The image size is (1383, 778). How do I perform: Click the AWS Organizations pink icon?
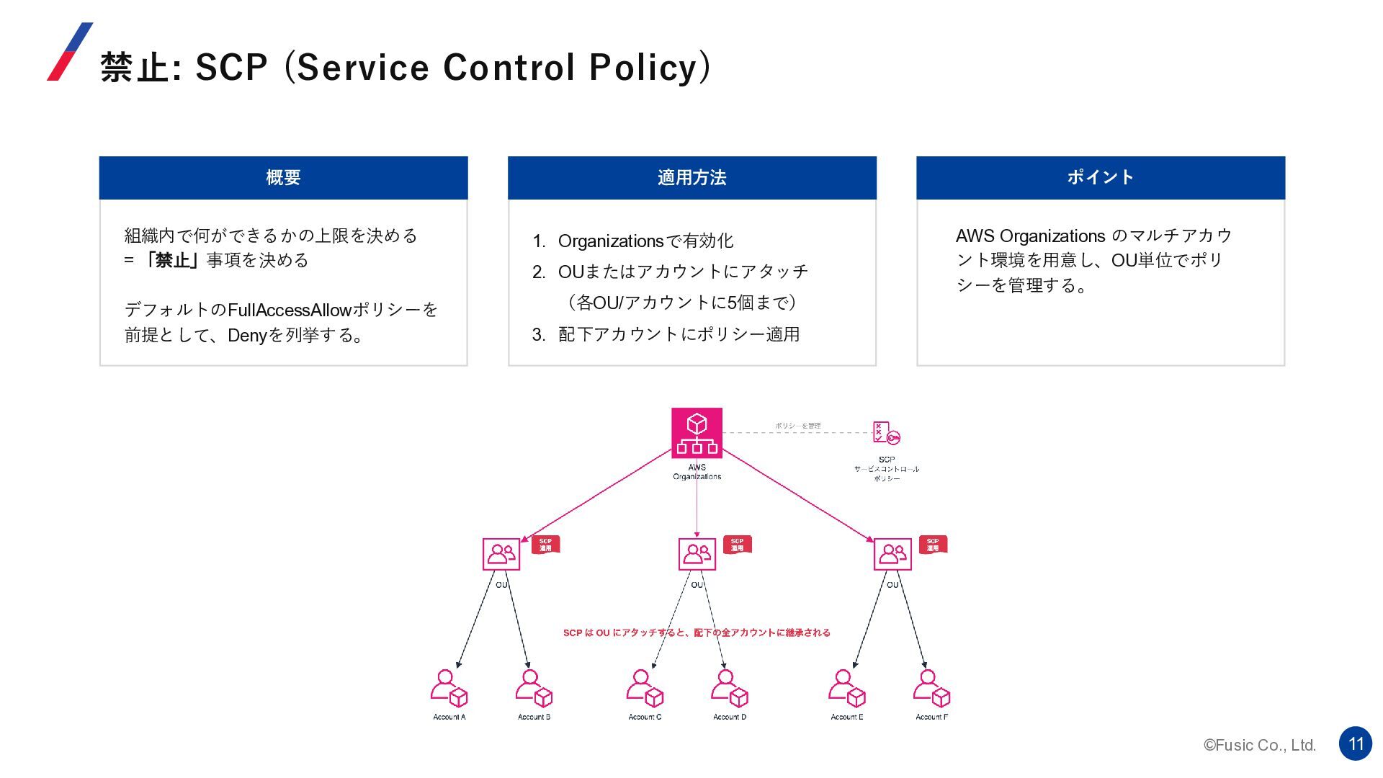click(697, 433)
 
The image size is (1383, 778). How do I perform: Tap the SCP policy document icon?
click(885, 433)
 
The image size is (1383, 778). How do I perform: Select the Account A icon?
click(449, 688)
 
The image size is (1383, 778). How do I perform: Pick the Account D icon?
click(729, 688)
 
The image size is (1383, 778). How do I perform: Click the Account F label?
click(931, 717)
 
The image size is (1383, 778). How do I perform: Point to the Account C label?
click(645, 717)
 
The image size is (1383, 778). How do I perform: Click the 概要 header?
click(283, 178)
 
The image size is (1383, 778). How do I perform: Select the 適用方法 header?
click(691, 178)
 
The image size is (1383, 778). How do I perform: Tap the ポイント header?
click(1100, 178)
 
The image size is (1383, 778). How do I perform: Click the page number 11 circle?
click(1356, 743)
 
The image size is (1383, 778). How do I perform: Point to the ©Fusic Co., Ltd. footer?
click(1259, 746)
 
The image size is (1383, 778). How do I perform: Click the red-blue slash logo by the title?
click(70, 52)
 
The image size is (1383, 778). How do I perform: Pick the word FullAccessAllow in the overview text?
click(289, 310)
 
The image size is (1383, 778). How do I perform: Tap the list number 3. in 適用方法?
click(539, 334)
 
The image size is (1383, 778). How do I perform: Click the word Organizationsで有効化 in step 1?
click(645, 241)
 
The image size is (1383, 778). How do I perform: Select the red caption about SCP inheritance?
click(697, 632)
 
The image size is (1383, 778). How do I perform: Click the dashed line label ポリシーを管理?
click(797, 426)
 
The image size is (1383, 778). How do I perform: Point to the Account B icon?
click(534, 688)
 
